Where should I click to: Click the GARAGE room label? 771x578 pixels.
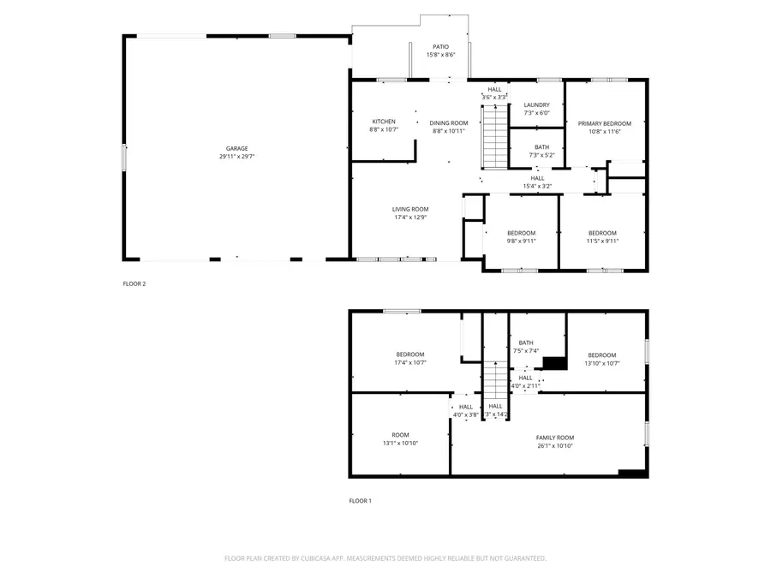pyautogui.click(x=236, y=148)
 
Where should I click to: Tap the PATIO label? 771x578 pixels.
pyautogui.click(x=440, y=46)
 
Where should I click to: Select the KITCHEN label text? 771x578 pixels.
pyautogui.click(x=384, y=121)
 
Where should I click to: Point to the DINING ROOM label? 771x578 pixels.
pyautogui.click(x=448, y=122)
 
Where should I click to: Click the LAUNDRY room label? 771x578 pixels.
pyautogui.click(x=536, y=104)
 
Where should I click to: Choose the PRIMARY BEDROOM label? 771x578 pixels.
pyautogui.click(x=604, y=123)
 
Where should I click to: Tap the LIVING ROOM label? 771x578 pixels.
pyautogui.click(x=410, y=209)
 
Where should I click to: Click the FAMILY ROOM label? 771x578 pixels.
pyautogui.click(x=554, y=438)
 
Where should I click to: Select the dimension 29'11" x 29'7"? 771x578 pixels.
pyautogui.click(x=236, y=157)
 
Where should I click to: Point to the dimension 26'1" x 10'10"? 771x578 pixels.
pyautogui.click(x=554, y=446)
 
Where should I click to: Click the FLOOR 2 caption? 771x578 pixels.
pyautogui.click(x=134, y=283)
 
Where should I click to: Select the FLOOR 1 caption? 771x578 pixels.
pyautogui.click(x=360, y=501)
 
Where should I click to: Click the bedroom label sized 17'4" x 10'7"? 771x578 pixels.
pyautogui.click(x=409, y=355)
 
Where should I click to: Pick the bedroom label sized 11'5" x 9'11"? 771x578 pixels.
pyautogui.click(x=601, y=233)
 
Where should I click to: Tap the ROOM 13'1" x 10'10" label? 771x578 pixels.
pyautogui.click(x=400, y=435)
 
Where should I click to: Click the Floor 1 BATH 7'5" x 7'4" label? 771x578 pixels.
pyautogui.click(x=525, y=343)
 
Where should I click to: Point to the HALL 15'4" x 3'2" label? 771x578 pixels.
pyautogui.click(x=537, y=178)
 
